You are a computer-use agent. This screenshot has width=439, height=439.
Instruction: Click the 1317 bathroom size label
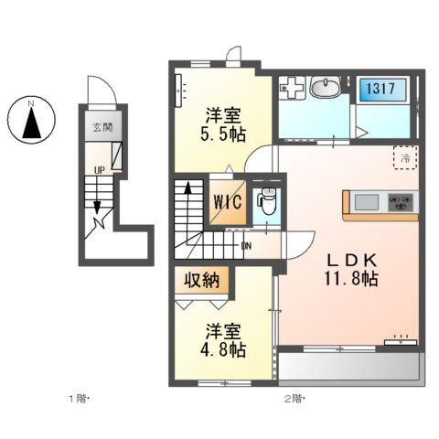pos(382,89)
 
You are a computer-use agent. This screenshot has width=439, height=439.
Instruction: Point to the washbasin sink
pos(325,89)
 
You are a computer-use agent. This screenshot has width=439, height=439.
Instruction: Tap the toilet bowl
pos(266,201)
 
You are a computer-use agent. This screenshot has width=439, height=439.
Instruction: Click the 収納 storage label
pos(203,281)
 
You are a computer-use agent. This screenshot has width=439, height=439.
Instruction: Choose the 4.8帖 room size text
pos(223,348)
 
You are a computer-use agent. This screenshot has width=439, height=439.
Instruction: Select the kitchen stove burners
pos(402,203)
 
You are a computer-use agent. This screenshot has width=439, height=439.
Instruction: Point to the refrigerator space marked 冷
pos(403,157)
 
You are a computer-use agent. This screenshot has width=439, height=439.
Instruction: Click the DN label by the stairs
pos(246,244)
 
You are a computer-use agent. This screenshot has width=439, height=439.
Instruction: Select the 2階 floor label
pos(293,400)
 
